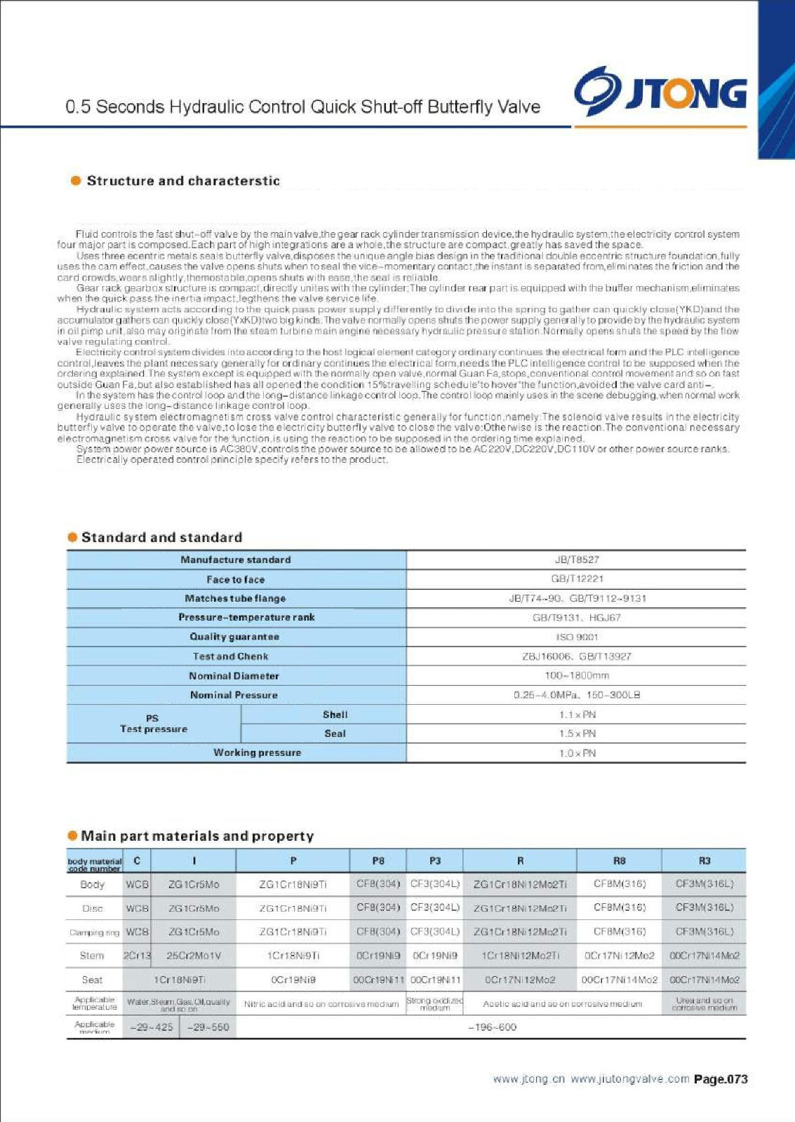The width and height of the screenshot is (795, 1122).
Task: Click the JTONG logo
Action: click(660, 92)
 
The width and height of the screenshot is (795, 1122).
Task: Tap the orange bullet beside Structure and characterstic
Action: click(76, 181)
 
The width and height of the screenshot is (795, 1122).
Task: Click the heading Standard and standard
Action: click(161, 538)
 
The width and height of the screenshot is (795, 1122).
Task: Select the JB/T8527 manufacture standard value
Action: click(577, 560)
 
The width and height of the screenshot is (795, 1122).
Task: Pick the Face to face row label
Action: click(236, 579)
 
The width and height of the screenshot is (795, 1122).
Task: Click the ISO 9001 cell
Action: click(577, 637)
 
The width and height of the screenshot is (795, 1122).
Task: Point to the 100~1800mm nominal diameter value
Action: click(577, 675)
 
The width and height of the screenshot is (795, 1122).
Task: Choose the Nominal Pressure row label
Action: click(234, 695)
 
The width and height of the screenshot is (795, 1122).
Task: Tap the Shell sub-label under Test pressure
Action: click(335, 715)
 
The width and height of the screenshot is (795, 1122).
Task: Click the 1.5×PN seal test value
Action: click(577, 734)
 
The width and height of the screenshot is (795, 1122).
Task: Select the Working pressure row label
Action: click(257, 752)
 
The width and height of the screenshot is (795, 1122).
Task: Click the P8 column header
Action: click(378, 860)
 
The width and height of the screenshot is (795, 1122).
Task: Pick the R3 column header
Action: click(704, 860)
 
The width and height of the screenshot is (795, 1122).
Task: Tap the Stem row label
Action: click(92, 956)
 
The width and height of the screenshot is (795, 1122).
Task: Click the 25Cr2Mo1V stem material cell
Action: click(194, 956)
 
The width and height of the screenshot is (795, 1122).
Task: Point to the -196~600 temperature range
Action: click(492, 1027)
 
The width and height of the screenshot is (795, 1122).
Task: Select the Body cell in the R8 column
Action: click(619, 884)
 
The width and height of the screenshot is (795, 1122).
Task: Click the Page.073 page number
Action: click(721, 1079)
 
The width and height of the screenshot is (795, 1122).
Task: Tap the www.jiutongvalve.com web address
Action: click(629, 1079)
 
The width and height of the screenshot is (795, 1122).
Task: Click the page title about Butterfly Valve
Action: click(302, 107)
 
